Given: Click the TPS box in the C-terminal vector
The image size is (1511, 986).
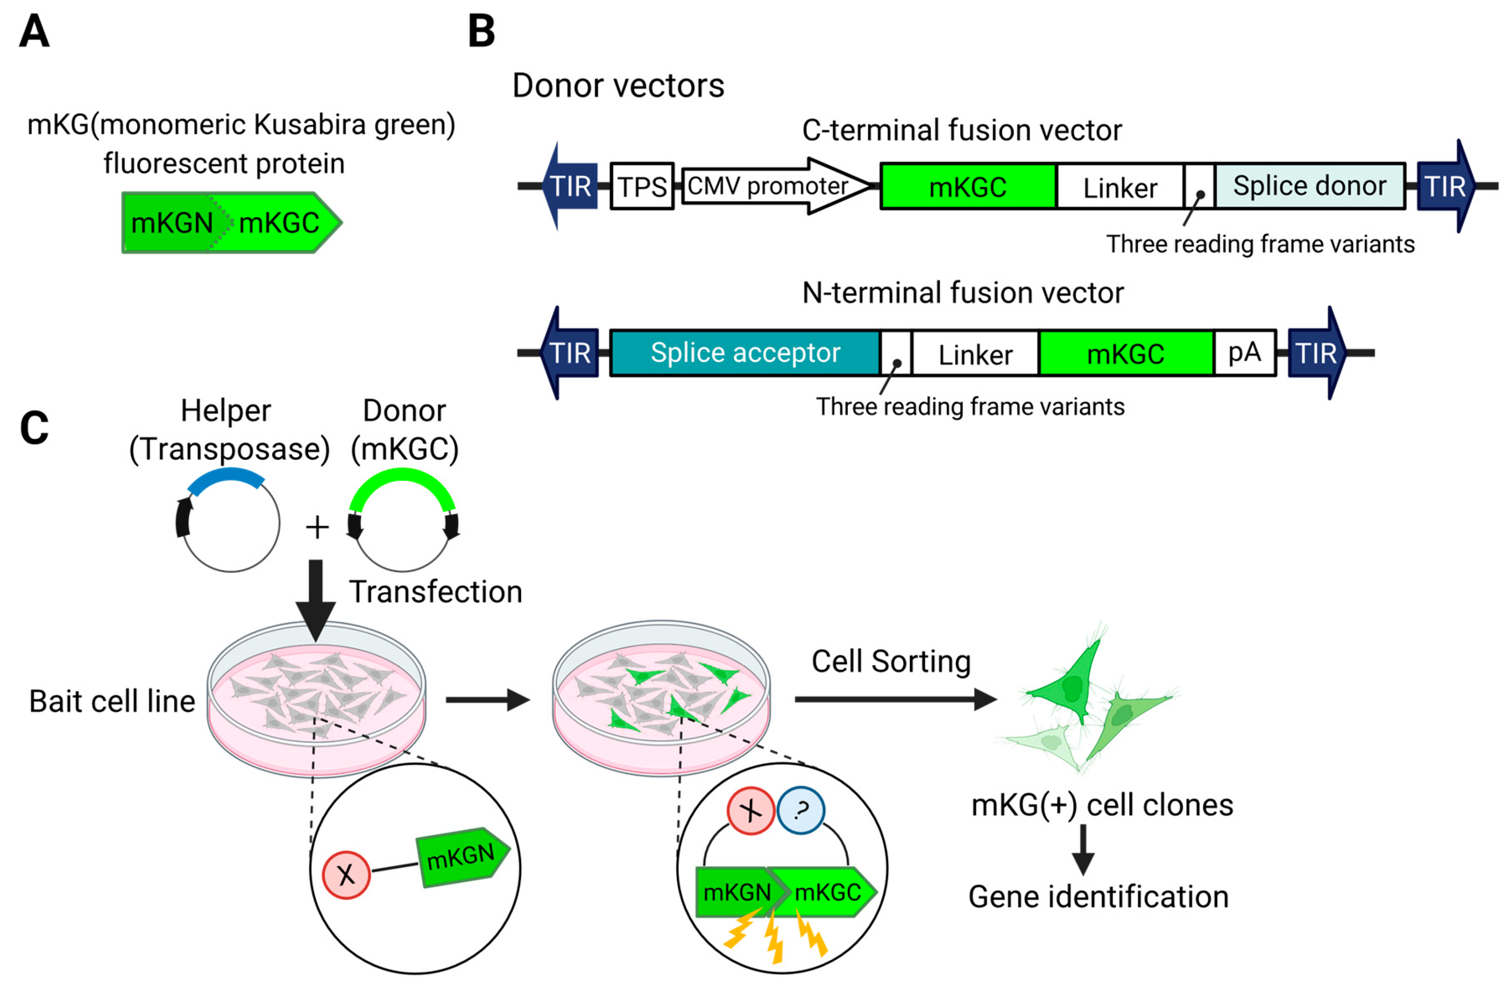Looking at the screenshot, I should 642,187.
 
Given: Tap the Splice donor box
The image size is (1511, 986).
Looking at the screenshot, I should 1309,186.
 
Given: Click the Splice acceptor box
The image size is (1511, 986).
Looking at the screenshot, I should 745,353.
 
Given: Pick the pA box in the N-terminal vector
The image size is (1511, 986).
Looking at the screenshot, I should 1244,353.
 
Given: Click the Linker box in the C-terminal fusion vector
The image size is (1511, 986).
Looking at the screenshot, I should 1120,187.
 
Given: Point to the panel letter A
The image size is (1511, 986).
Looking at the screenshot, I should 34,31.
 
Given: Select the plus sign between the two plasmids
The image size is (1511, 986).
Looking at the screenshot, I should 317,527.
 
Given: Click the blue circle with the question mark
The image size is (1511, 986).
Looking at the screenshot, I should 801,810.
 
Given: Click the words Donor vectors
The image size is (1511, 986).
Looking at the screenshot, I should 618,85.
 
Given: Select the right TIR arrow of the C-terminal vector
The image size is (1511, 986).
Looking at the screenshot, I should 1447,186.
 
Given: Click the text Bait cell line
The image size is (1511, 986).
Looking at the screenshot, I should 112,702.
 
